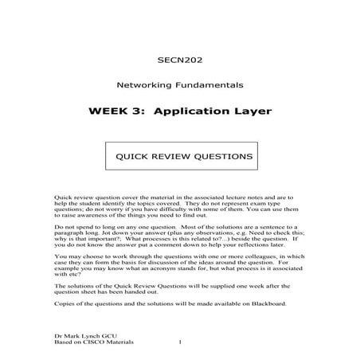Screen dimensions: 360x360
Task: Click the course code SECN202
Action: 179,59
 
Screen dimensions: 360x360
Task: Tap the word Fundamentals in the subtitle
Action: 209,84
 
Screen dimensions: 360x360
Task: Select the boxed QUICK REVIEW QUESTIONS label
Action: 179,156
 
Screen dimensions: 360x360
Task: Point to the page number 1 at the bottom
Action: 182,343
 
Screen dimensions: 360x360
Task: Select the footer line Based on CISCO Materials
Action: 94,343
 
